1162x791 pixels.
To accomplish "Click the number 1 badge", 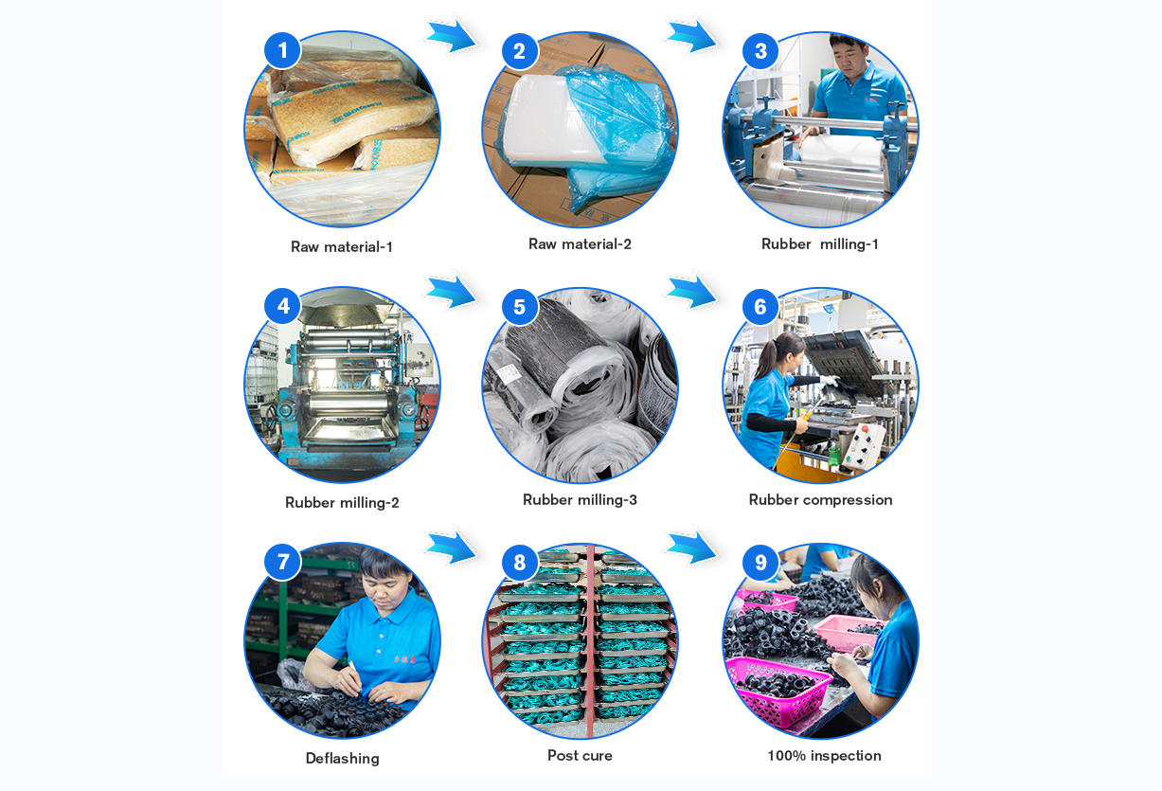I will pos(282,50).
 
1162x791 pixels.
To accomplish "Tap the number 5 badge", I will pos(519,307).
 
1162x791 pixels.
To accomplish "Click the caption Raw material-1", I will pos(342,247).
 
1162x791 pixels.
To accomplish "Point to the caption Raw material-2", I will pos(580,244).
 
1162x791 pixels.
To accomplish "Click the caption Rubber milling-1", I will pos(820,244).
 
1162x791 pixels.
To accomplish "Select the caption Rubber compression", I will pos(820,500).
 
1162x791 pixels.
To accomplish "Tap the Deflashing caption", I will pos(342,759).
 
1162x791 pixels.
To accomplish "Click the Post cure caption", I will pos(580,756).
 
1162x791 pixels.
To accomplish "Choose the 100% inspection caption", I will pos(824,756).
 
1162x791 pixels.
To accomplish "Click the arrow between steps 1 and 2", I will pos(450,36).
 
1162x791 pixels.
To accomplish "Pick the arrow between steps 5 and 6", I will pos(690,292).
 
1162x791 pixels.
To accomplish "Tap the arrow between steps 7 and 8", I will pos(450,548).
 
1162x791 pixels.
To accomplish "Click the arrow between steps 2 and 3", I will pos(690,36).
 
